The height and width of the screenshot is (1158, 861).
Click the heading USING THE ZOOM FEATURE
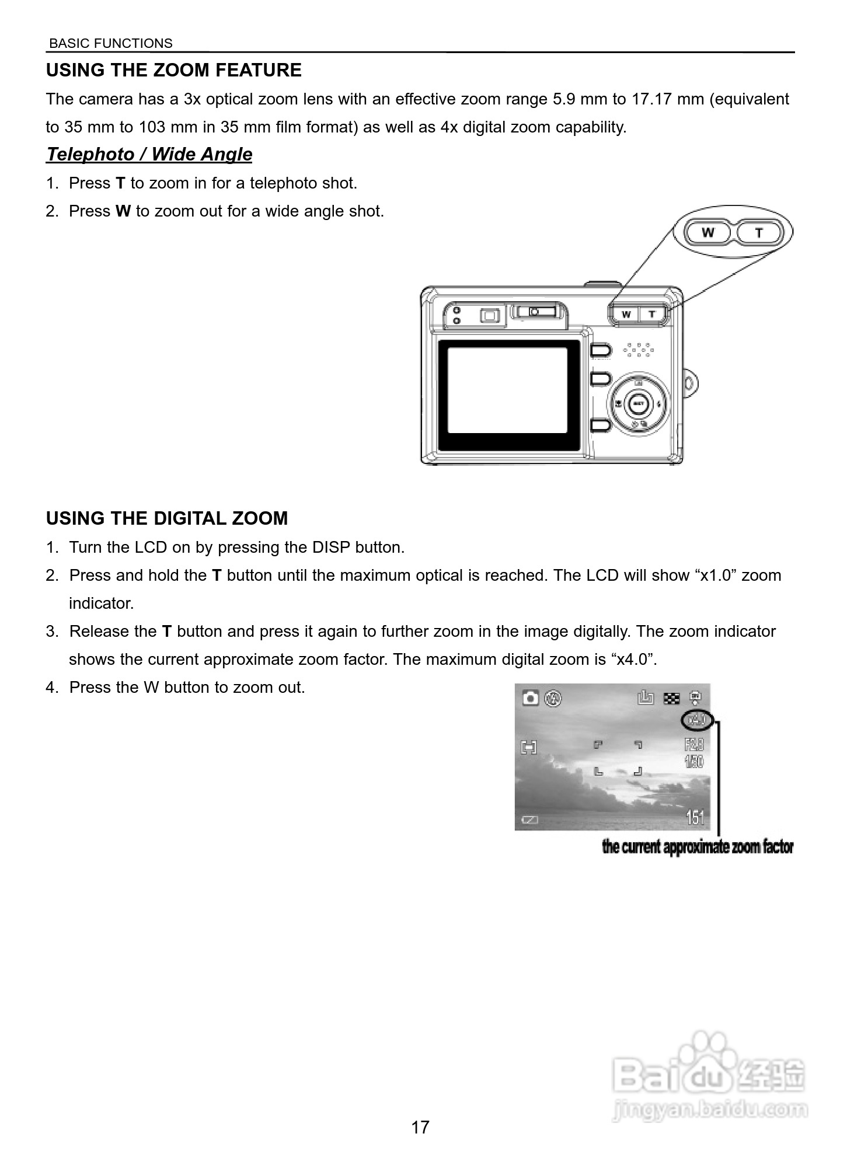point(173,70)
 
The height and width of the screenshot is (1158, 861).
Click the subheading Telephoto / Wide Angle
point(149,154)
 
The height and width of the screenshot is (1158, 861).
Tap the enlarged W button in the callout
point(708,232)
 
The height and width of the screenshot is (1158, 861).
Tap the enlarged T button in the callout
point(759,232)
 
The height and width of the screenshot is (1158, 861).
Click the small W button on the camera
point(626,314)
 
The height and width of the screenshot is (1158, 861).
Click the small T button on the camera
point(653,314)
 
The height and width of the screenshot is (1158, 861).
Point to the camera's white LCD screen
point(507,390)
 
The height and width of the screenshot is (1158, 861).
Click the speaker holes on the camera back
point(638,349)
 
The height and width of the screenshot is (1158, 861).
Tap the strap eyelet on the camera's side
point(690,383)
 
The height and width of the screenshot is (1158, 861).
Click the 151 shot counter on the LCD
point(695,817)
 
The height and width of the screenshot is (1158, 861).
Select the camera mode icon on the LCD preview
point(530,697)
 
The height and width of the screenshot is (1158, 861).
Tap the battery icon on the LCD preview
point(529,820)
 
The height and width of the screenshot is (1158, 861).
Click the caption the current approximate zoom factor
point(698,847)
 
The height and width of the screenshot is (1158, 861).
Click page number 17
point(420,1127)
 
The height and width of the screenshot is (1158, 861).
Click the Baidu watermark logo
point(709,1074)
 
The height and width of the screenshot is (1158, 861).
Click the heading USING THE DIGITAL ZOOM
point(167,518)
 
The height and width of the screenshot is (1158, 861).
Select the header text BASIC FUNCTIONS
point(111,43)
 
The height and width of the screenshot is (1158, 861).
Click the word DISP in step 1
point(331,547)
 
